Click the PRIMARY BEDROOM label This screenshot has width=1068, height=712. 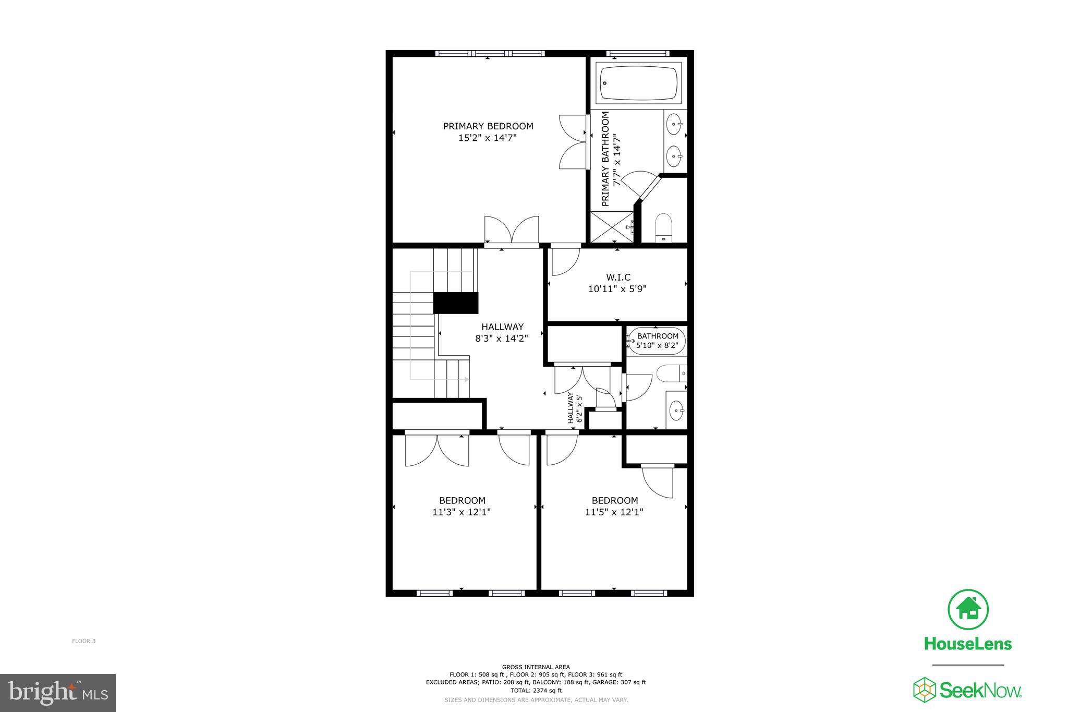pos(488,126)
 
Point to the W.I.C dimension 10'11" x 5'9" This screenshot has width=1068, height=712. pos(617,289)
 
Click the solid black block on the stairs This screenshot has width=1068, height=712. pos(456,303)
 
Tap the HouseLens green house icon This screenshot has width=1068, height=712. pos(968,609)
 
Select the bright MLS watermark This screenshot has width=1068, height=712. pos(58,693)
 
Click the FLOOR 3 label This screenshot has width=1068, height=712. pos(83,641)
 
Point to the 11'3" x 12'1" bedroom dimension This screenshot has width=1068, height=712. pos(462,512)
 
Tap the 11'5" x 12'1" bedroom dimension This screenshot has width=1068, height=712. pos(614,512)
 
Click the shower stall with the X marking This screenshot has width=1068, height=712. pos(612,227)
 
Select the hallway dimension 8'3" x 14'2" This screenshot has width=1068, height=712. pos(502,339)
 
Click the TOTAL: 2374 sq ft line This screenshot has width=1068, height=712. pos(536,690)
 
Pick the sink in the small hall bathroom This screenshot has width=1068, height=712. pos(676,410)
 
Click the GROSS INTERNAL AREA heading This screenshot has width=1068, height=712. pos(536,667)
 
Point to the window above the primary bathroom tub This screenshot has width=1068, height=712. pos(638,53)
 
